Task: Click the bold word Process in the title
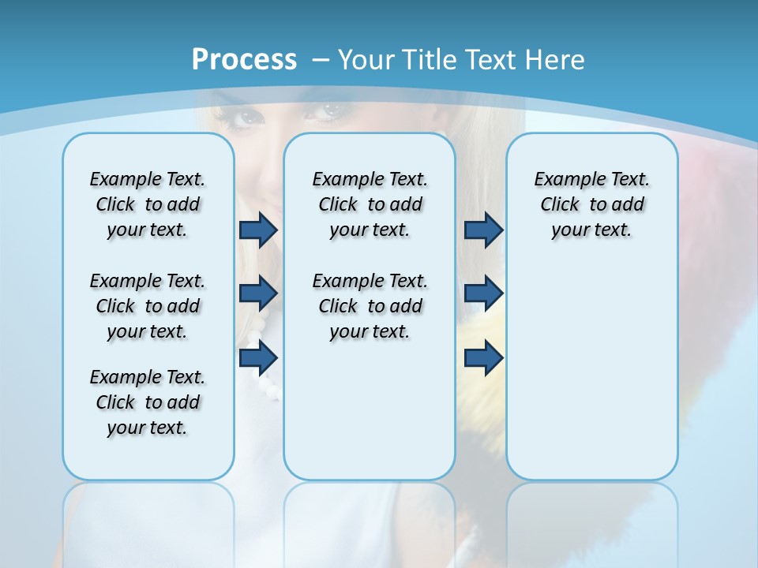244,60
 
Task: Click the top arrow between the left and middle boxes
258,230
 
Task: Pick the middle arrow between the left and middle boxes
258,293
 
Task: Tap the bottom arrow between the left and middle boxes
258,358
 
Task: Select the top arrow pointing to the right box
483,230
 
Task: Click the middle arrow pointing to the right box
483,293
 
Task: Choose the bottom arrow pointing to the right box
483,358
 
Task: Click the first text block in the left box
148,204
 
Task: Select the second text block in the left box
148,306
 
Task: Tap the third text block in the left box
148,402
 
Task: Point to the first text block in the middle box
370,204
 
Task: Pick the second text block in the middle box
370,306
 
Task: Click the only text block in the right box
591,204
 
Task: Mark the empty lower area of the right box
591,371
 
